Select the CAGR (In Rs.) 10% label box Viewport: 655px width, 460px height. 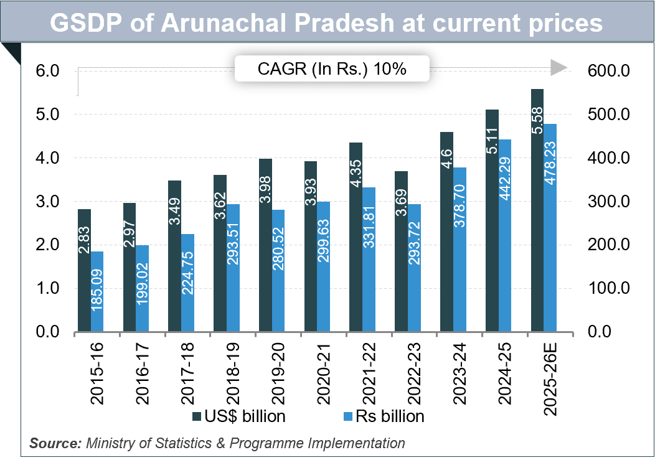tap(332, 69)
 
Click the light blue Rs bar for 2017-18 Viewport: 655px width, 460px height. tap(188, 283)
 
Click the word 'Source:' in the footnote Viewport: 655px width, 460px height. tap(55, 443)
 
